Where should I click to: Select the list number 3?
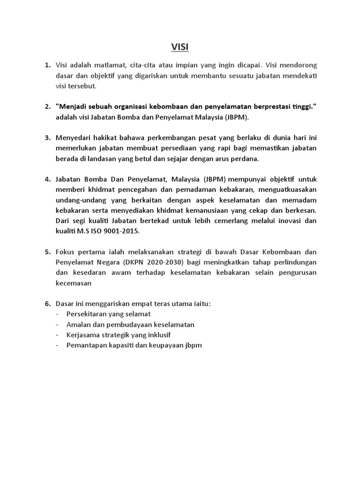tap(47, 138)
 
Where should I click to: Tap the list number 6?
tap(47, 303)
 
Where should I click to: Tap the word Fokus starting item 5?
tap(65, 252)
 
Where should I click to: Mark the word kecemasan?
tap(74, 283)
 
